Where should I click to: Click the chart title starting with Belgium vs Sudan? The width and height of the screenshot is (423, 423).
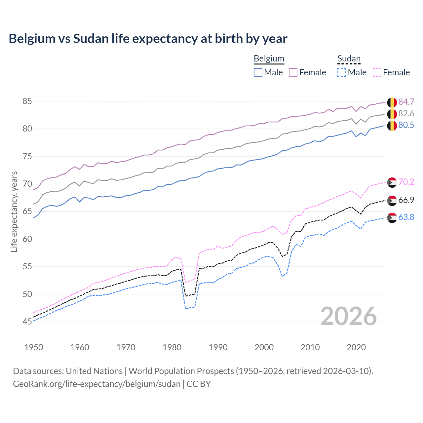click(x=148, y=39)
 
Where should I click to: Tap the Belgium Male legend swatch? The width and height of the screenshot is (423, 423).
click(x=258, y=72)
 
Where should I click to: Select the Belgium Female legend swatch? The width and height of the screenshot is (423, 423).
click(x=293, y=72)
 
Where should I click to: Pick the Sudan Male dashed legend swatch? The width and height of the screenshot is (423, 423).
click(x=342, y=72)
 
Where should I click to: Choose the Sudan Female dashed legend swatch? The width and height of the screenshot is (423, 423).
click(x=377, y=72)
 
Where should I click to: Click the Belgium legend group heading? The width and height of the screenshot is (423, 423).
click(x=269, y=58)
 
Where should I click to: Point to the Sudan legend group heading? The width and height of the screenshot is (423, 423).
click(x=349, y=58)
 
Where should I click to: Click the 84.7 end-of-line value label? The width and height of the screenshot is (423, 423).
click(x=406, y=102)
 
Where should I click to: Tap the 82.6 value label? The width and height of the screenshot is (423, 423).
click(x=406, y=114)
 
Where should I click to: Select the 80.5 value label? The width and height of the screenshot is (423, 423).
click(x=406, y=125)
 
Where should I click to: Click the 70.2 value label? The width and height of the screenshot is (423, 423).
click(x=406, y=182)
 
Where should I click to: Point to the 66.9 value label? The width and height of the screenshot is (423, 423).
click(x=406, y=200)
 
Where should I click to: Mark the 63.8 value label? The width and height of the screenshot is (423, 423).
click(x=406, y=217)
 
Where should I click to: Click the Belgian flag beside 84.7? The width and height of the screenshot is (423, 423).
click(x=392, y=102)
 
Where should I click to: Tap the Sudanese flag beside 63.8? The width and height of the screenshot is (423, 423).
click(x=392, y=218)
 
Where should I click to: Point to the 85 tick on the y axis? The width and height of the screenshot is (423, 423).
click(x=27, y=101)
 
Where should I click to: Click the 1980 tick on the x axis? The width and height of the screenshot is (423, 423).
click(x=172, y=347)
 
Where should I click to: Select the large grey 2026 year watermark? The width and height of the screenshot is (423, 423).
click(x=348, y=316)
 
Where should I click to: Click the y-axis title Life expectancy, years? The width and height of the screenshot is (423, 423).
click(x=14, y=211)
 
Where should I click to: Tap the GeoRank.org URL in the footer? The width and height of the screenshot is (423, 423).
click(x=96, y=384)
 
